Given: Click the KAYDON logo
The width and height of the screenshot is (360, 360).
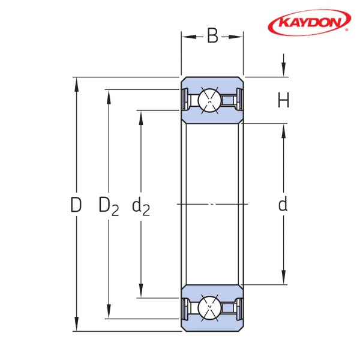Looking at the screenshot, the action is (x=309, y=23).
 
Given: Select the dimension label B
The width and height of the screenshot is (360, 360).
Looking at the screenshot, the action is (x=212, y=36).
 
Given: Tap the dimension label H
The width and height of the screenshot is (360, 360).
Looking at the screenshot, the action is (x=283, y=100).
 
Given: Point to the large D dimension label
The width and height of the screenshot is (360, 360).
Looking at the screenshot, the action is (x=76, y=205).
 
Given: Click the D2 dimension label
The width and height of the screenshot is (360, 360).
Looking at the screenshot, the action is (x=109, y=206).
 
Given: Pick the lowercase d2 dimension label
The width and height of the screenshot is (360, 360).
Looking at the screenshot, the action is (x=141, y=206).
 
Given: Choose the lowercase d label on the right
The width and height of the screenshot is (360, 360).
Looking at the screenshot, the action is (x=283, y=204).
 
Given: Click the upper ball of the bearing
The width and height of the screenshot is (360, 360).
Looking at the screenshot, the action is (x=209, y=100).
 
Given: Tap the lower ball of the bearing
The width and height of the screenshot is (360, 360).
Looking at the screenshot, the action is (x=209, y=308).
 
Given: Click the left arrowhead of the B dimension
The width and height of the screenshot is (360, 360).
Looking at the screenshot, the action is (x=189, y=37).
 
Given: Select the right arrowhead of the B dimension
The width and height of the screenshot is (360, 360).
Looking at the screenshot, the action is (x=236, y=37).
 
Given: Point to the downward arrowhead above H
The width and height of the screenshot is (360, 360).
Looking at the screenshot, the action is (x=284, y=69).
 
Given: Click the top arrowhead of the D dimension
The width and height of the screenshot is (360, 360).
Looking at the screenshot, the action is (x=76, y=85).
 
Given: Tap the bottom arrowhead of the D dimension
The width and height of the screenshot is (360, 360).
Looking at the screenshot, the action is (x=76, y=324).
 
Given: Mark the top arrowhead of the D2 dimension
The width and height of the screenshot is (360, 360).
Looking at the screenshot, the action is (x=109, y=97).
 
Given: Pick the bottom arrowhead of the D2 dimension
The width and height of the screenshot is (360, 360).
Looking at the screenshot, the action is (x=109, y=311).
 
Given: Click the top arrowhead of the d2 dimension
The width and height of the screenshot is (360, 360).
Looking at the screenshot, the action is (x=141, y=118).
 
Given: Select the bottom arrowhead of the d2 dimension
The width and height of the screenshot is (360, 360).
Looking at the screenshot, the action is (x=141, y=290).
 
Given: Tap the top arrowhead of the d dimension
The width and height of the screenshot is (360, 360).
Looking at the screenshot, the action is (x=284, y=131).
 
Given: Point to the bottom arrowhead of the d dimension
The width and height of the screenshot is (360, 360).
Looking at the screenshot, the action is (x=284, y=277).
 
